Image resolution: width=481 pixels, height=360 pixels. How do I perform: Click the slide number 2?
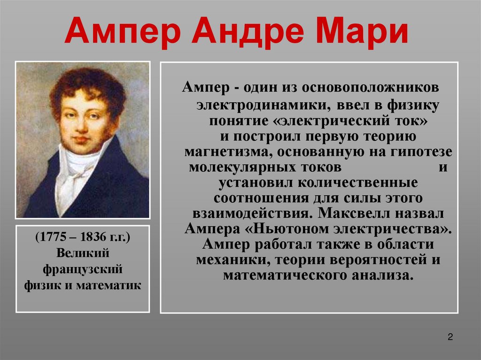pyautogui.click(x=450, y=337)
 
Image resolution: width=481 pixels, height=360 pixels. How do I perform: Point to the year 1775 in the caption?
pyautogui.click(x=52, y=237)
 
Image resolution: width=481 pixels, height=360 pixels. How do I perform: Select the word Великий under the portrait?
pyautogui.click(x=83, y=253)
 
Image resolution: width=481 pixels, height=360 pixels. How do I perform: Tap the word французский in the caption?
pyautogui.click(x=83, y=269)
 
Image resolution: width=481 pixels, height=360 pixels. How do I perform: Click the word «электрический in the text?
pyautogui.click(x=330, y=121)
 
